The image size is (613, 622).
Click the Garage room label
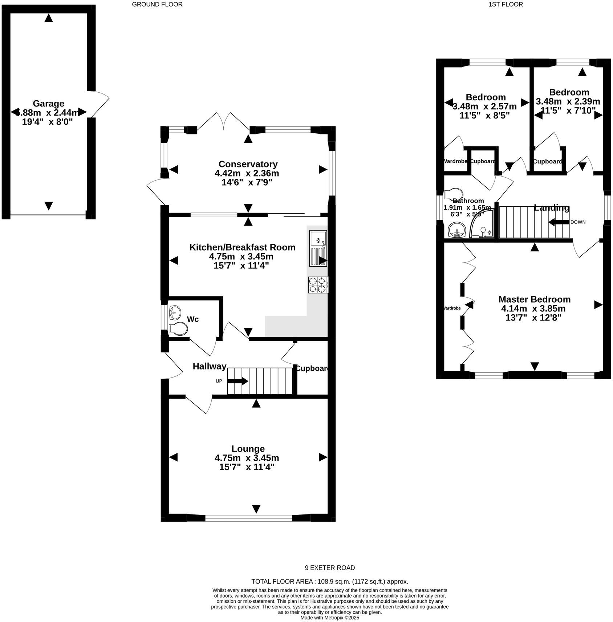coord(48,104)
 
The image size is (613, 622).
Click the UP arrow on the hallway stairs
coord(238,381)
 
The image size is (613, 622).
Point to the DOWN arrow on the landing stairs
coord(559,222)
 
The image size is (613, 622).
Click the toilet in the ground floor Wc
coord(178,329)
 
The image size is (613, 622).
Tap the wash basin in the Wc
coord(175,312)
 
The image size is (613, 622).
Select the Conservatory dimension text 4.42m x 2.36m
coord(247,173)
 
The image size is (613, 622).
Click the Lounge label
coord(248,449)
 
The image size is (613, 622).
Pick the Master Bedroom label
coord(534,299)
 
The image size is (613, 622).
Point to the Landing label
coord(551,208)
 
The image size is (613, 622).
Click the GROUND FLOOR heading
coord(157,4)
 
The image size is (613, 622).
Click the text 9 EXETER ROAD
coord(330,568)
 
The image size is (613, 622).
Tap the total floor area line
coord(330,581)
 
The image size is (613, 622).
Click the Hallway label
coord(210,366)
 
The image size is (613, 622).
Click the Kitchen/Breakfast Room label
coord(242,247)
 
